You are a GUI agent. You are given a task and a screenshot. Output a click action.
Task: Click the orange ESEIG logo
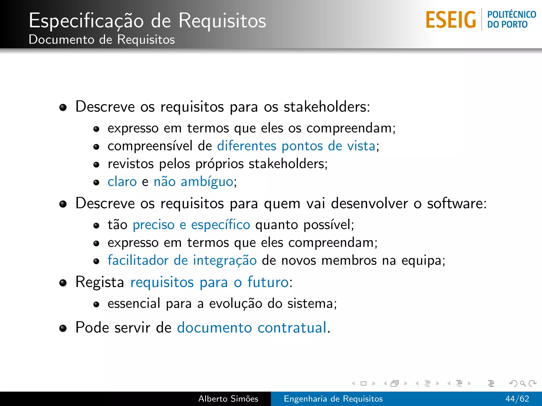(451, 20)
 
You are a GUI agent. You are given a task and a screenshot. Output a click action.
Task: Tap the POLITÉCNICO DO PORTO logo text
(511, 19)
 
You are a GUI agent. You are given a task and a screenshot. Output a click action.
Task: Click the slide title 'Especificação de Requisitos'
(147, 21)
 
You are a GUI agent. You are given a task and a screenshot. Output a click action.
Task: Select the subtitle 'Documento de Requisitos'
(102, 40)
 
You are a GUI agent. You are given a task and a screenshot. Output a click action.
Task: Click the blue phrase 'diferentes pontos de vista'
(296, 146)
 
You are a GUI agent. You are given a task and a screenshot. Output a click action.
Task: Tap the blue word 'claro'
(122, 182)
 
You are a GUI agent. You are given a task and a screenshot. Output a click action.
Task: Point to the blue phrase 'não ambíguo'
(193, 182)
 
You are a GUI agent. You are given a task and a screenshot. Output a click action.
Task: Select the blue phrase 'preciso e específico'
(191, 225)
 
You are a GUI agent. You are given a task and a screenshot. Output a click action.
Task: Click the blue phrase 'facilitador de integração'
(182, 260)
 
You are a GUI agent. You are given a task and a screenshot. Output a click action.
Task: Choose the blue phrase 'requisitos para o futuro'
(209, 282)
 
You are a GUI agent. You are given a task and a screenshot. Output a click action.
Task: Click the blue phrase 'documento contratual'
(252, 328)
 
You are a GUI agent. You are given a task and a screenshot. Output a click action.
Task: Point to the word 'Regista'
(100, 282)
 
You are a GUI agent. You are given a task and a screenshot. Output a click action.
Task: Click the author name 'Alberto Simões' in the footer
(228, 399)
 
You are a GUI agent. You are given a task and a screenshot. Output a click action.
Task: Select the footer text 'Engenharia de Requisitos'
(333, 399)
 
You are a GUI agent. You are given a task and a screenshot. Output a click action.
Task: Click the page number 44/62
(517, 399)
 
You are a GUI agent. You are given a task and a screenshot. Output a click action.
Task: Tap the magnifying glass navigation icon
(523, 383)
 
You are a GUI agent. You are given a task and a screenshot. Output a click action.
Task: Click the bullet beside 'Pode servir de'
(63, 328)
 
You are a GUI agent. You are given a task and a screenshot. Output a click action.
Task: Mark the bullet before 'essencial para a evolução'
(96, 304)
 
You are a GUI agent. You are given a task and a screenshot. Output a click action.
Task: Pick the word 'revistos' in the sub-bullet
(130, 164)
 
